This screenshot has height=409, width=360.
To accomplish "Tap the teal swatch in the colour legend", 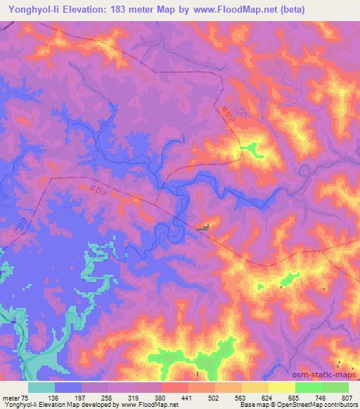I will click(x=41, y=387).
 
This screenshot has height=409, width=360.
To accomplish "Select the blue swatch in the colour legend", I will click(x=68, y=387).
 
